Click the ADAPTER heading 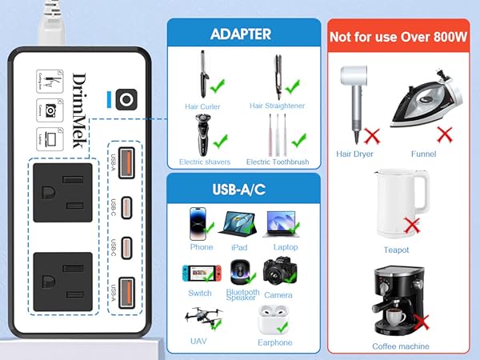tap(240, 34)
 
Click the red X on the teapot tap(413, 225)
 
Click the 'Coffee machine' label tap(401, 346)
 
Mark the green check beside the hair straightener tap(294, 83)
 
